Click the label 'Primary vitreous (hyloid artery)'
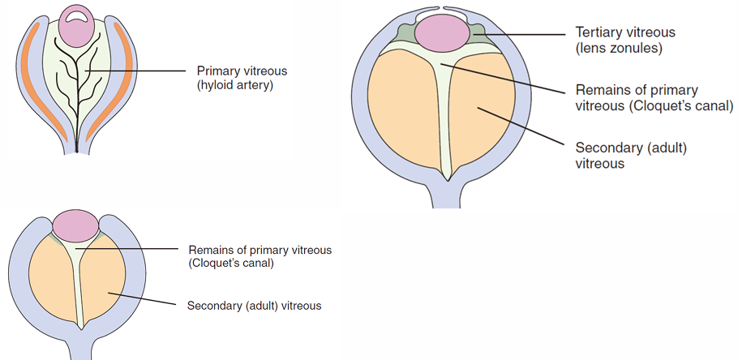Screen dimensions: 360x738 pyautogui.click(x=242, y=77)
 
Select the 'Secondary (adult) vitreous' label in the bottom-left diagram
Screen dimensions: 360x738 pyautogui.click(x=254, y=306)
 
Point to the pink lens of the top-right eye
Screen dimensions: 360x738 pyautogui.click(x=443, y=32)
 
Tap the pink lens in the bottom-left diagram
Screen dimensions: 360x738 pyautogui.click(x=75, y=225)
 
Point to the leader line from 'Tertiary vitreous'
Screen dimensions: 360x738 pyautogui.click(x=519, y=34)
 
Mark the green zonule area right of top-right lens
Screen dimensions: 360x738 pyautogui.click(x=476, y=34)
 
